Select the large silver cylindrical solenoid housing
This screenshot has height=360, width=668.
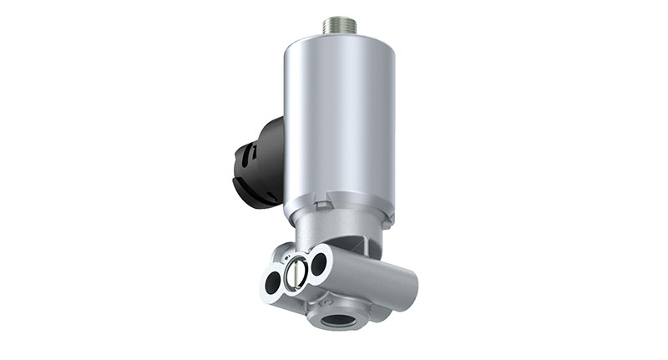[338, 125]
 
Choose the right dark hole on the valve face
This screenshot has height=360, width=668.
[318, 265]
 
